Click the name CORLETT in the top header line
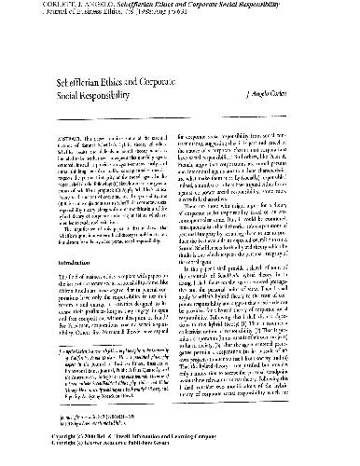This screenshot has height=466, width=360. pos(23,5)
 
